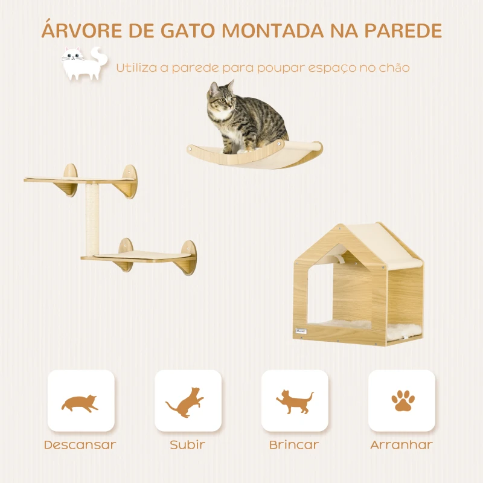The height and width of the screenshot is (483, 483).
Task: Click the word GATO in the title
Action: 187,31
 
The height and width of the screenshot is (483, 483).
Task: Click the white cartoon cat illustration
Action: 85,63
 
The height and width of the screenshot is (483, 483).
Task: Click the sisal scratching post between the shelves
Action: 92,219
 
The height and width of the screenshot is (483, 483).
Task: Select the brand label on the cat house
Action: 301,331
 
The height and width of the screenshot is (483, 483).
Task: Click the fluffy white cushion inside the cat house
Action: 369,329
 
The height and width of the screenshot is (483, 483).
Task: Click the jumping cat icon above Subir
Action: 185,403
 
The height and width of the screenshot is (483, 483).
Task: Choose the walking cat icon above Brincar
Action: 295,401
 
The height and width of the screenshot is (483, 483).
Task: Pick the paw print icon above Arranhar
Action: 403,401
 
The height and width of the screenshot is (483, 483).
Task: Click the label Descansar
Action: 80,445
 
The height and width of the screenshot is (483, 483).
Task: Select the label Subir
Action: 188,445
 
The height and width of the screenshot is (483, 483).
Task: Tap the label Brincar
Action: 294,445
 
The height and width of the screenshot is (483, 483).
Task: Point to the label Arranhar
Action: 401,445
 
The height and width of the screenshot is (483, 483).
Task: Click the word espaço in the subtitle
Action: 331,68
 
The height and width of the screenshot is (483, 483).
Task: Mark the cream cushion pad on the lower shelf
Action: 142,255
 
